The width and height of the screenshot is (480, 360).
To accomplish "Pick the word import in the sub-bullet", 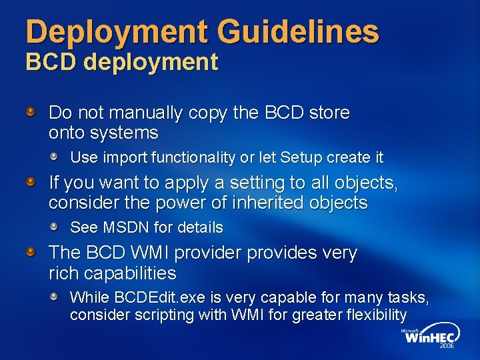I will (126, 157).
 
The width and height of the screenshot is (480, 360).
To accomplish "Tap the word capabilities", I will (129, 273).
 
